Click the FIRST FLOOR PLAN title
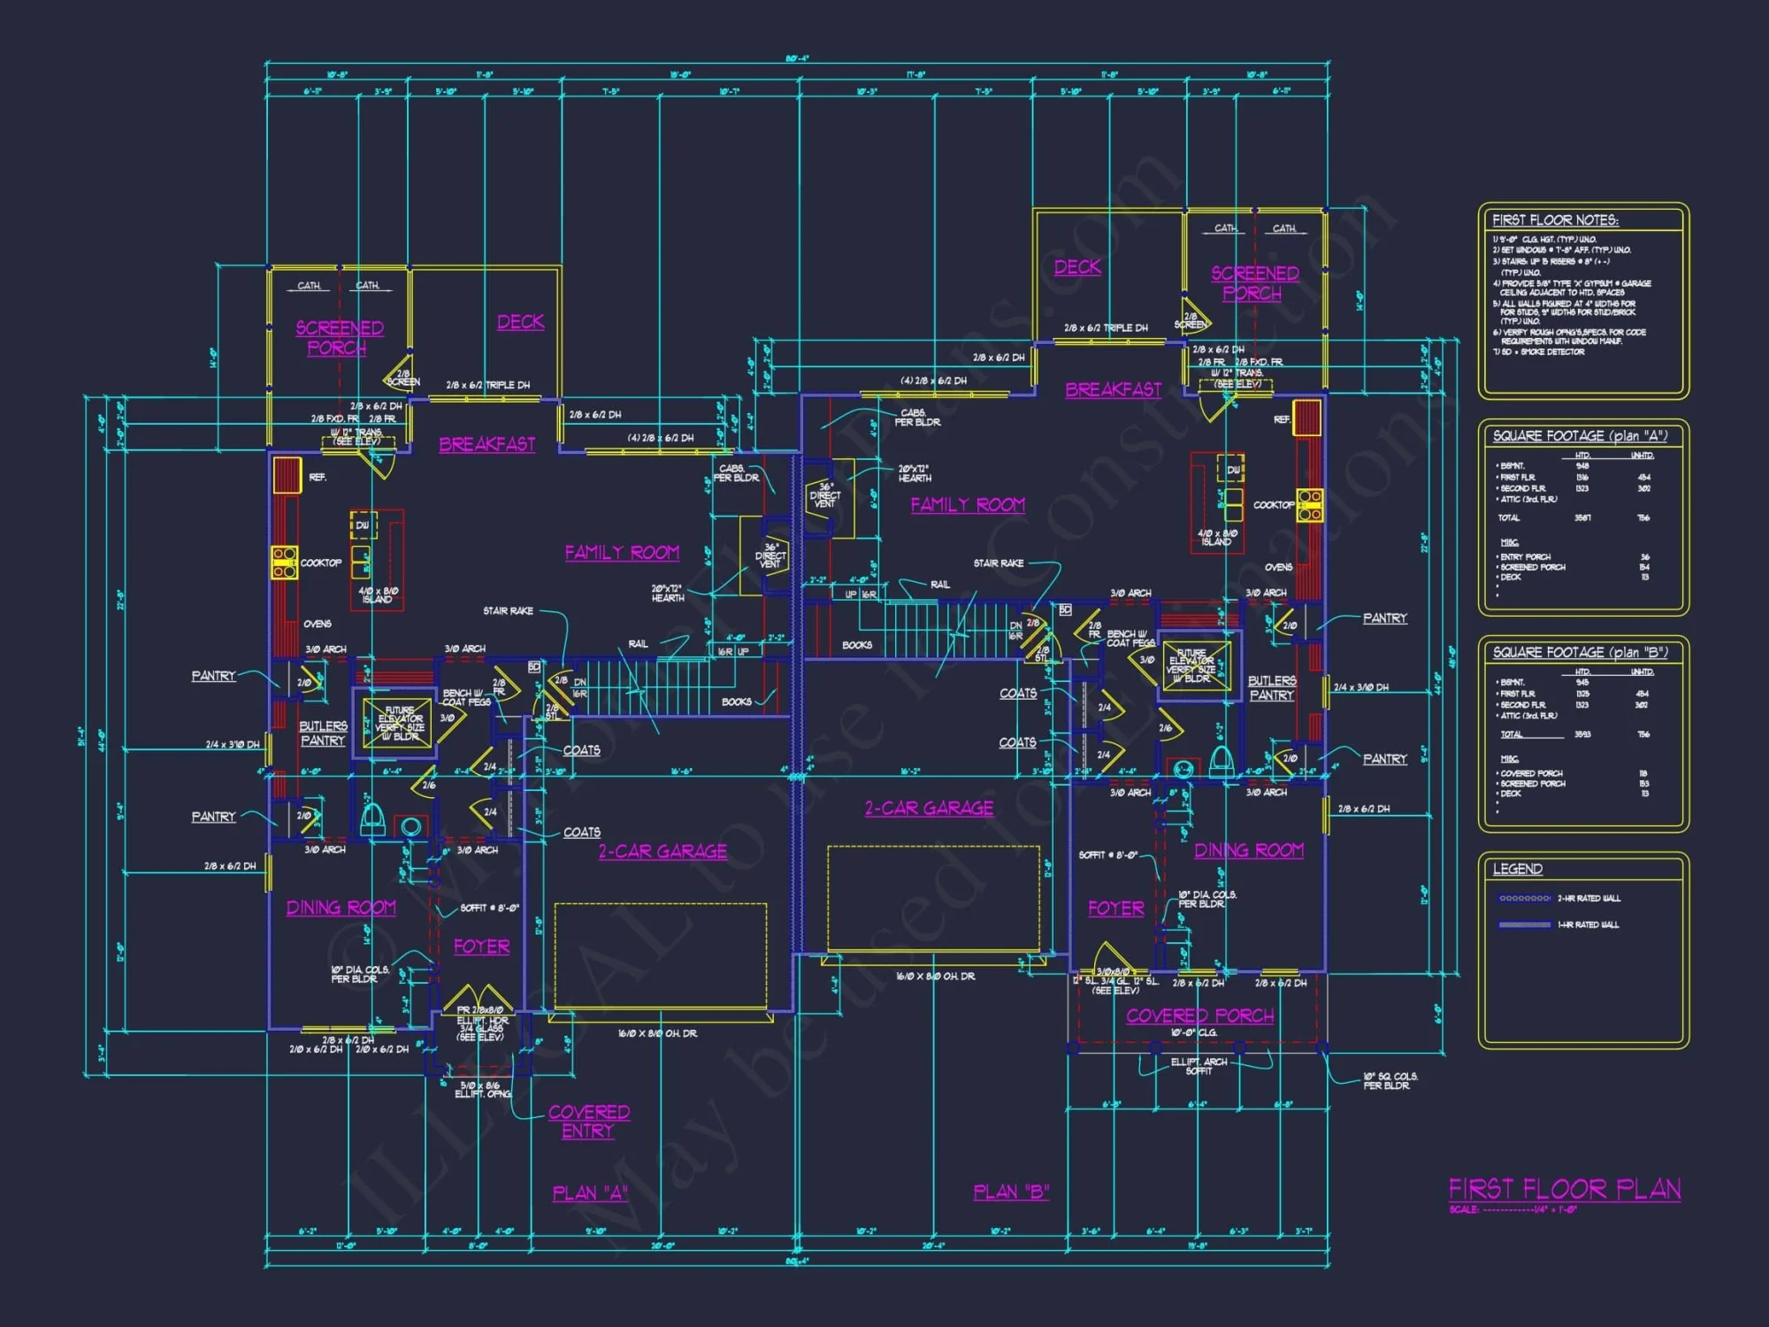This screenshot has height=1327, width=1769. [x=1564, y=1189]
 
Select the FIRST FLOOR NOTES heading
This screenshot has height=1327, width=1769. [x=1555, y=220]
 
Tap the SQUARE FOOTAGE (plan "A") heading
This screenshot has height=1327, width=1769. [x=1580, y=436]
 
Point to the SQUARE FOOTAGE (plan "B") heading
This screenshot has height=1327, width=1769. [x=1580, y=653]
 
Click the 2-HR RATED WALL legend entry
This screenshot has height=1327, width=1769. [x=1589, y=898]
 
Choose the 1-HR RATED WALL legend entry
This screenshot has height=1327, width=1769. [x=1589, y=924]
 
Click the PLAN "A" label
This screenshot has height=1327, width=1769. [x=590, y=1193]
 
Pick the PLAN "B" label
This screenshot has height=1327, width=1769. [x=1011, y=1193]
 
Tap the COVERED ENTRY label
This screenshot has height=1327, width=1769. [x=588, y=1121]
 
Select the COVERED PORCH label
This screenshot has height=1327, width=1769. [x=1199, y=1016]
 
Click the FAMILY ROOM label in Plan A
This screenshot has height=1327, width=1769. [x=622, y=553]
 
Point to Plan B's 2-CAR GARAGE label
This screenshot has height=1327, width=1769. [x=929, y=808]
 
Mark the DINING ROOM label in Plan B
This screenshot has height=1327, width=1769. [x=1249, y=850]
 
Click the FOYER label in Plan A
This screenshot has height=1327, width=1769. [x=481, y=947]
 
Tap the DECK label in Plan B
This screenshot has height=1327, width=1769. [x=1077, y=266]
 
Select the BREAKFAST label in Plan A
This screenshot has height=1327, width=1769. [x=487, y=444]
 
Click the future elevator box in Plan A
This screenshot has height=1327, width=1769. [x=399, y=723]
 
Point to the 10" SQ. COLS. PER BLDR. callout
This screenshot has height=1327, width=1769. [x=1390, y=1080]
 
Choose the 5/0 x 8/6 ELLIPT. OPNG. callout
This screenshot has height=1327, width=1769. [x=483, y=1089]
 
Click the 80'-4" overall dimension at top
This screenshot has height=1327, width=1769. [x=797, y=59]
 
